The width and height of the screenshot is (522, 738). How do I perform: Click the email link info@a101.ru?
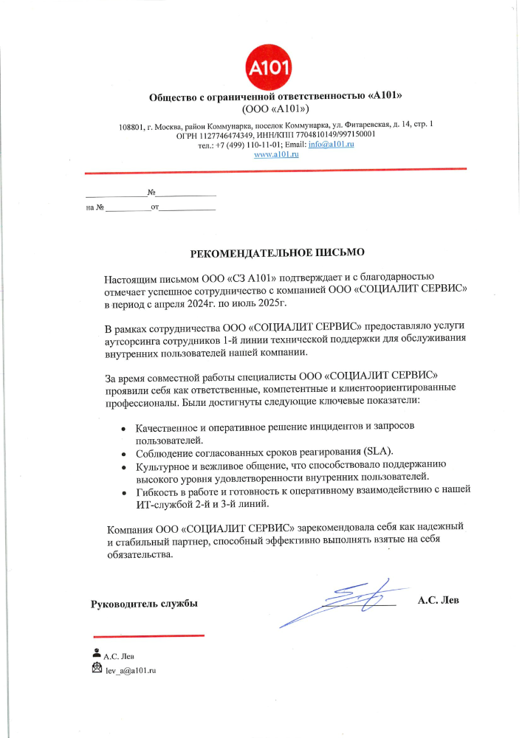tap(332, 145)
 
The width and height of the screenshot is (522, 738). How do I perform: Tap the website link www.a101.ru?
tap(275, 155)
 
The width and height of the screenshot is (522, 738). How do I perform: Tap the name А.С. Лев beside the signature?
tap(438, 600)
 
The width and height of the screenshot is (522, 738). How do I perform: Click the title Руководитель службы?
tap(144, 604)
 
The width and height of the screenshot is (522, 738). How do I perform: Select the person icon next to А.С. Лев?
tap(97, 653)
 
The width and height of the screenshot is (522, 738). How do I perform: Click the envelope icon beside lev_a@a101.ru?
tap(97, 669)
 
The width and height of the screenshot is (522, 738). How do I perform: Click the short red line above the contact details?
tap(148, 635)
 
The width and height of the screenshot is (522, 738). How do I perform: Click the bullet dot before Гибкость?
tap(123, 492)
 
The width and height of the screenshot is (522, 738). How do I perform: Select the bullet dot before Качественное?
tap(123, 429)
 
